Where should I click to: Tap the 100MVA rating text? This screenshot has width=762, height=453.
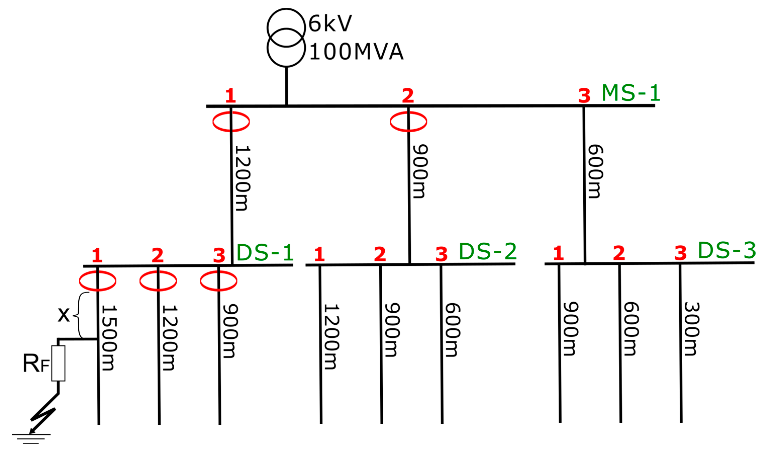point(356,51)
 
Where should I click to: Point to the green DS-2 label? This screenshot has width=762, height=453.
point(487,252)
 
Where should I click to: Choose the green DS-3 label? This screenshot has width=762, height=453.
point(727,250)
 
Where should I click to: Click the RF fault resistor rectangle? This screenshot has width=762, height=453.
point(58,363)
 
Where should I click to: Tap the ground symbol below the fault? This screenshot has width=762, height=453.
point(31,438)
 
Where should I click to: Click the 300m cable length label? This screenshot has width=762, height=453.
point(691,329)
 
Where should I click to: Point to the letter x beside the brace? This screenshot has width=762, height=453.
point(64,314)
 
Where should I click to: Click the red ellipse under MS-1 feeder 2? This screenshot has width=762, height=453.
point(408,122)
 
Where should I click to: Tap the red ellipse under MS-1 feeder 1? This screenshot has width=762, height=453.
point(231,122)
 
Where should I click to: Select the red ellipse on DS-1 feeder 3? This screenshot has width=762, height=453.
point(218,280)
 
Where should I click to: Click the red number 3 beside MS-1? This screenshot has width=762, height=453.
point(584,95)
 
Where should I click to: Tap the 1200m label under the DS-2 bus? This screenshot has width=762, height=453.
point(331,337)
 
